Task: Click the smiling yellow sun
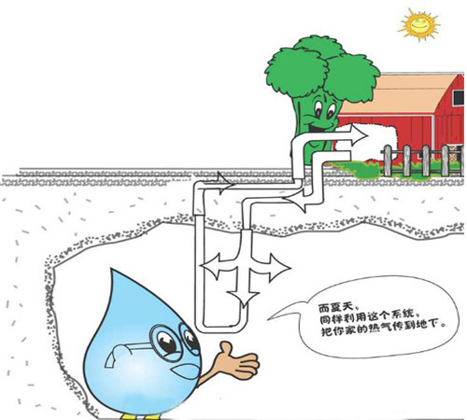point(418,24)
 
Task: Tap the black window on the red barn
point(459,98)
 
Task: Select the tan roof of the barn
point(402,94)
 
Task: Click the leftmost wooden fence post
point(387,161)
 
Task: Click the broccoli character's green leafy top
point(322,67)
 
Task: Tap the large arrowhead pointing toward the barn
point(358,135)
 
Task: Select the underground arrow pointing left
point(215,267)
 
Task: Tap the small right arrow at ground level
point(222,184)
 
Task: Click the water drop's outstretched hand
point(238,361)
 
